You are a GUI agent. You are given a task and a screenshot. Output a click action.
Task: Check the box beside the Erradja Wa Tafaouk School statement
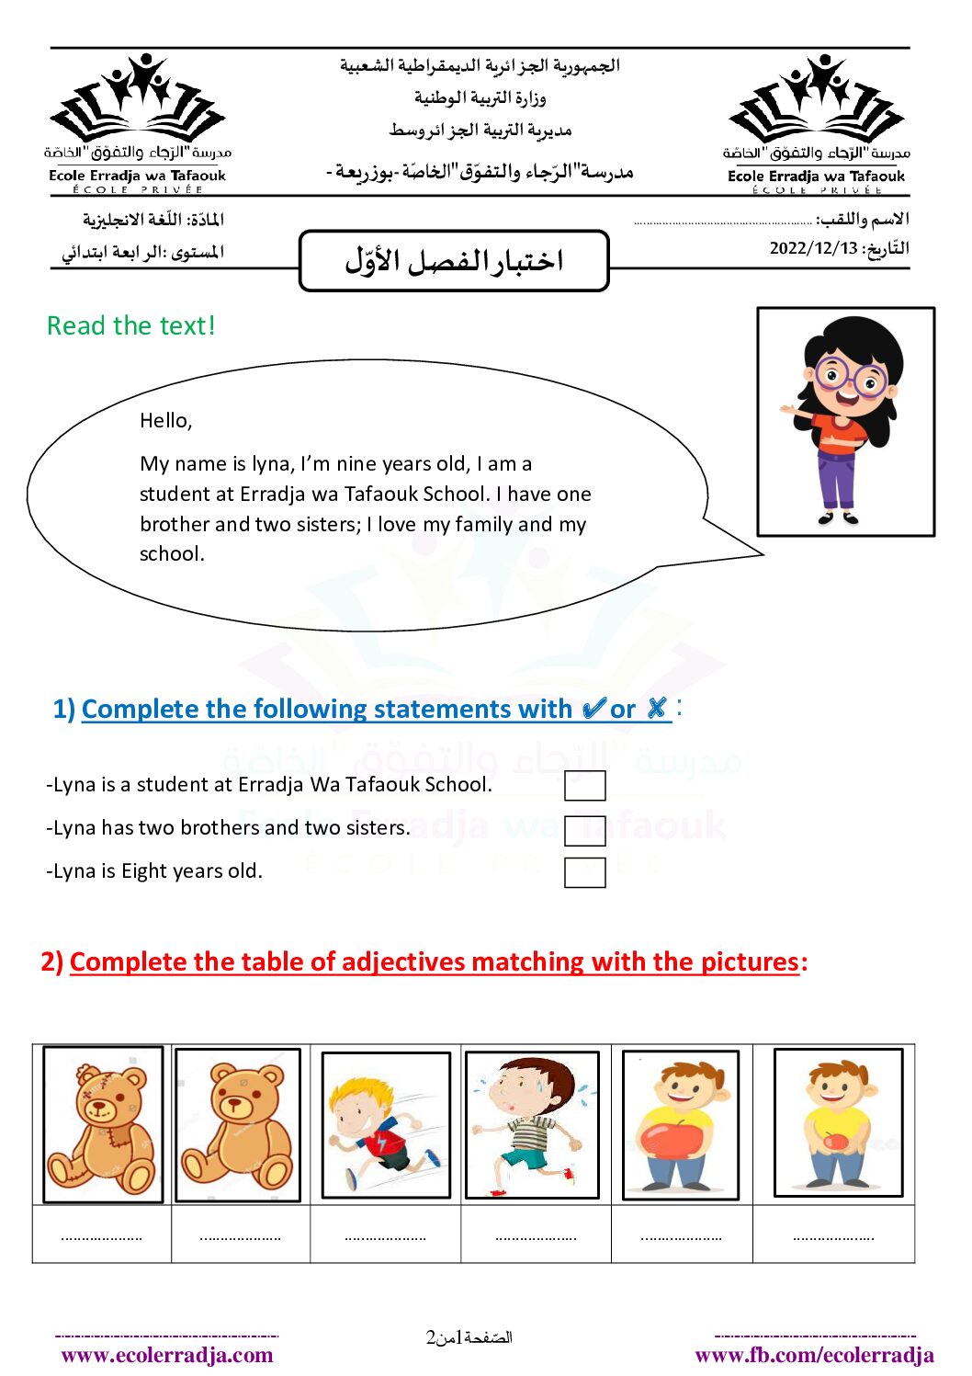pyautogui.click(x=584, y=786)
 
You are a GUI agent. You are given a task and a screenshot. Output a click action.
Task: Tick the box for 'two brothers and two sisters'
pyautogui.click(x=584, y=830)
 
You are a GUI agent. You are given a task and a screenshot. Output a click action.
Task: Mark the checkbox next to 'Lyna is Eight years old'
pyautogui.click(x=584, y=872)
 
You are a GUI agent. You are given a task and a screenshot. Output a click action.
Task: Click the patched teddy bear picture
pyautogui.click(x=103, y=1124)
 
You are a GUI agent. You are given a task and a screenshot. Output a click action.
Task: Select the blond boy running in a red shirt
pyautogui.click(x=386, y=1125)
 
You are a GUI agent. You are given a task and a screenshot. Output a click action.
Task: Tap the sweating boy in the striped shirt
pyautogui.click(x=532, y=1125)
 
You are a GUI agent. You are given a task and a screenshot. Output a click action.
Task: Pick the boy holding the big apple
pyautogui.click(x=680, y=1125)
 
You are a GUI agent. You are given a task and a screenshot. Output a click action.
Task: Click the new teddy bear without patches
pyautogui.click(x=237, y=1125)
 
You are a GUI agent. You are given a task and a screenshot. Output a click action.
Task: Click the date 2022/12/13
pyautogui.click(x=813, y=248)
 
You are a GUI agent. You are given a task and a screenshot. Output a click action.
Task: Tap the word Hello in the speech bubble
pyautogui.click(x=165, y=421)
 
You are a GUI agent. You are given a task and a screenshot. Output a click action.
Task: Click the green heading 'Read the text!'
pyautogui.click(x=131, y=326)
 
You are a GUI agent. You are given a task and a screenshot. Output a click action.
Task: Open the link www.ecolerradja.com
pyautogui.click(x=167, y=1355)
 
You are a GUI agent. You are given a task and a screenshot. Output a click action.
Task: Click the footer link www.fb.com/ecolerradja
pyautogui.click(x=814, y=1355)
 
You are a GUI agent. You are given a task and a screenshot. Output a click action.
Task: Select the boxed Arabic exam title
pyautogui.click(x=454, y=261)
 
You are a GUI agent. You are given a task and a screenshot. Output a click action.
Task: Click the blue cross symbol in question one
pyautogui.click(x=656, y=708)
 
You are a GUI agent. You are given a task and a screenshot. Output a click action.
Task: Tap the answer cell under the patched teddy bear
pyautogui.click(x=102, y=1235)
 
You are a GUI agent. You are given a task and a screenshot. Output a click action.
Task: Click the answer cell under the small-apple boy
pyautogui.click(x=833, y=1235)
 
